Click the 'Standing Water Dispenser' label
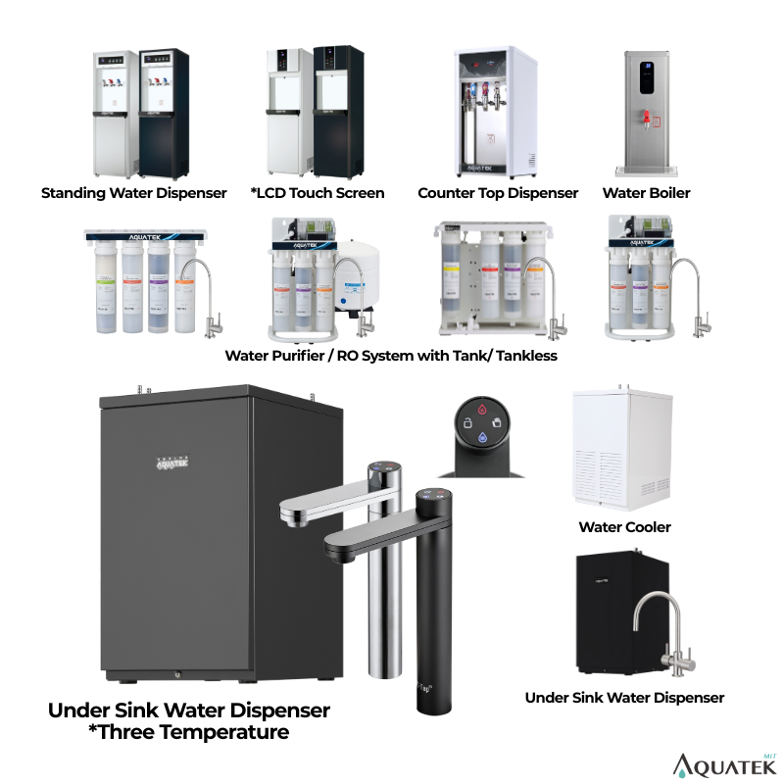(x=133, y=193)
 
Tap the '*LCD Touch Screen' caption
(x=318, y=193)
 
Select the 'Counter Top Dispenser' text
(x=498, y=193)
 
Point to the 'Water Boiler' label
(x=646, y=193)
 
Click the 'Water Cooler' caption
(x=624, y=527)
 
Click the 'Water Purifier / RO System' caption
(x=391, y=356)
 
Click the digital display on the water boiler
(x=645, y=75)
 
